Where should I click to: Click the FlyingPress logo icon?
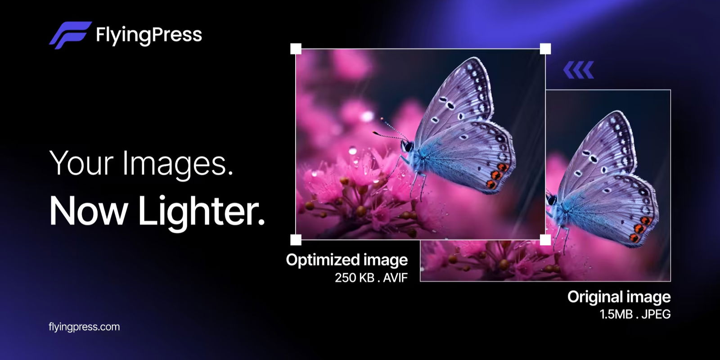pos(70,35)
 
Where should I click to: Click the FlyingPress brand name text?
pos(149,35)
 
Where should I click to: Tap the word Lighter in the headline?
pos(201,211)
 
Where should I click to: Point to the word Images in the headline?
pos(178,163)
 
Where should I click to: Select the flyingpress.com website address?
pos(84,327)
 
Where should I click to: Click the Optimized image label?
pos(346,260)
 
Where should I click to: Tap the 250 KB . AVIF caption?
pos(371,278)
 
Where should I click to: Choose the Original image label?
pos(619,297)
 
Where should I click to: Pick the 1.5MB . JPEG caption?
pos(635,314)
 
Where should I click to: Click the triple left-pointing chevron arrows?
pos(579,70)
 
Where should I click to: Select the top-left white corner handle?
pos(296,49)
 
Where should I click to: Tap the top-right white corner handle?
pos(545,49)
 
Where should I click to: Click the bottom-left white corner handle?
pos(296,239)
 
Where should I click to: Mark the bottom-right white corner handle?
pos(545,239)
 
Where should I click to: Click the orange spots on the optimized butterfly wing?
pos(496,175)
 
